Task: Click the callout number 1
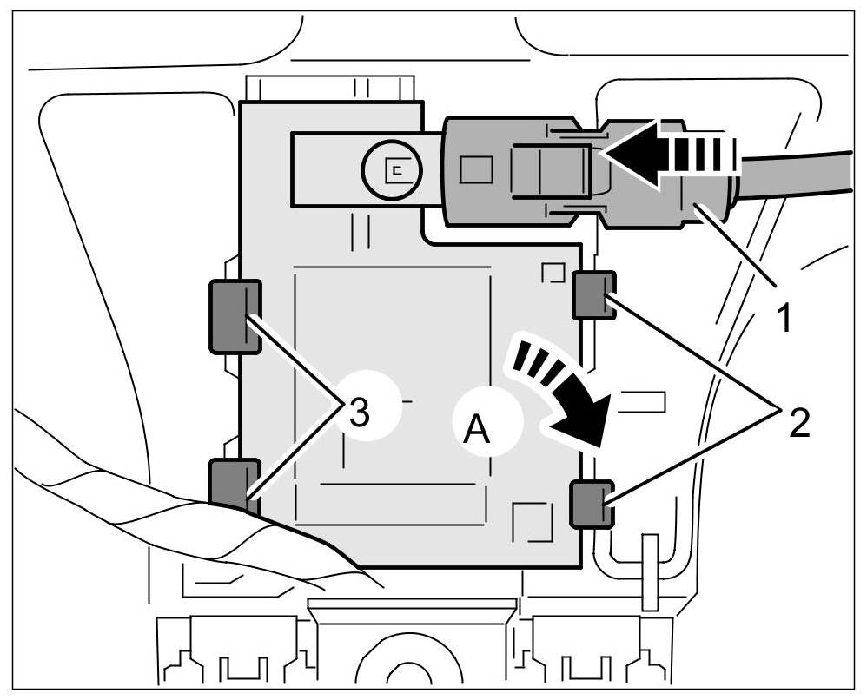[784, 319]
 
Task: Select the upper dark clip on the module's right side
[596, 294]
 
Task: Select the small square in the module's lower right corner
[533, 522]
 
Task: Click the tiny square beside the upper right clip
[553, 274]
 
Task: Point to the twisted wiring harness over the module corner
[130, 504]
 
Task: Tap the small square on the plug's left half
[475, 168]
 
